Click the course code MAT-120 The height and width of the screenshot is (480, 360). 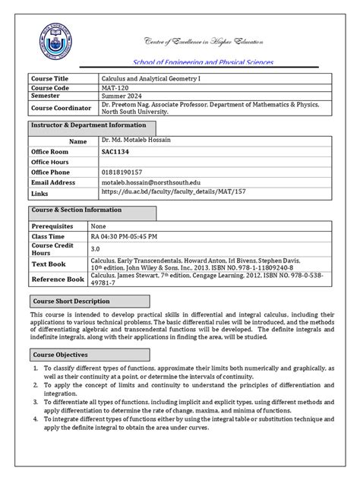point(115,87)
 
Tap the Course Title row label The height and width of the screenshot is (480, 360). point(49,78)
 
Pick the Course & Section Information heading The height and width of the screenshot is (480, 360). point(76,210)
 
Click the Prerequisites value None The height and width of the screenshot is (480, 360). point(98,226)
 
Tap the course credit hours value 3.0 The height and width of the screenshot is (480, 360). point(96,248)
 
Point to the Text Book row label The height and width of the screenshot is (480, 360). point(48,264)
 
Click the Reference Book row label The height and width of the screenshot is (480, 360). point(58,279)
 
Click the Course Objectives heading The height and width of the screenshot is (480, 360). point(61,354)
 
